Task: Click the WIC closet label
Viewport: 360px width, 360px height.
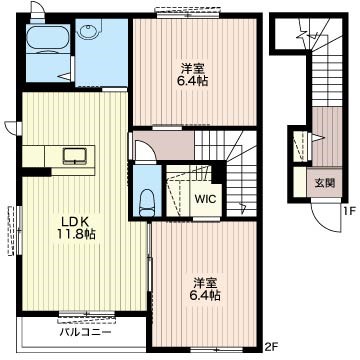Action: (x=206, y=199)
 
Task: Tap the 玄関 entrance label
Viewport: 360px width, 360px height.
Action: (x=324, y=183)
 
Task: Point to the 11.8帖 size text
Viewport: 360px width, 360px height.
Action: (x=75, y=235)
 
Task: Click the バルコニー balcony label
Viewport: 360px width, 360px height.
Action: (x=85, y=332)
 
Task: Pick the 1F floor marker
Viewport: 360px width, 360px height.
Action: (x=350, y=210)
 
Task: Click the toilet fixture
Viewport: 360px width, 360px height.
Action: (x=147, y=203)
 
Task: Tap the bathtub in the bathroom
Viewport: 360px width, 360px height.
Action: (x=47, y=39)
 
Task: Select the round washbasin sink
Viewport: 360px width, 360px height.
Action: (x=88, y=33)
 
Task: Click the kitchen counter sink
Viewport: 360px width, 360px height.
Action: (x=75, y=156)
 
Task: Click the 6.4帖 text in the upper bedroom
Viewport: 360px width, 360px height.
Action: (x=192, y=81)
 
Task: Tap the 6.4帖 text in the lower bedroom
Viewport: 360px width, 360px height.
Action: (x=206, y=295)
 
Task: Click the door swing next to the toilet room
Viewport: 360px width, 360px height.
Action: (x=144, y=150)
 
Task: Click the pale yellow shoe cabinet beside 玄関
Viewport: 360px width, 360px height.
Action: (x=300, y=182)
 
